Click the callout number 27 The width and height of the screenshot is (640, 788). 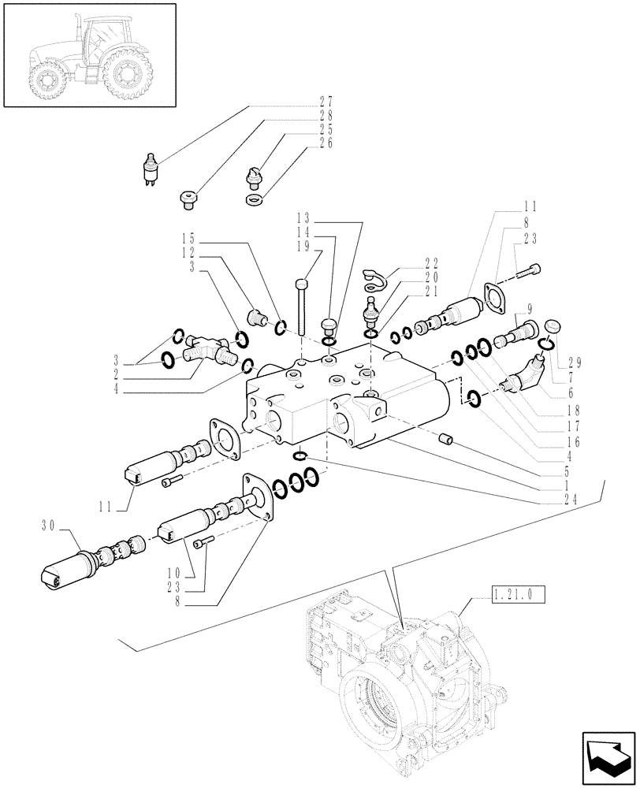click(193, 102)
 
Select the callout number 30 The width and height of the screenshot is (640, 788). click(48, 524)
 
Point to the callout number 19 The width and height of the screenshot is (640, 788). click(304, 246)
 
